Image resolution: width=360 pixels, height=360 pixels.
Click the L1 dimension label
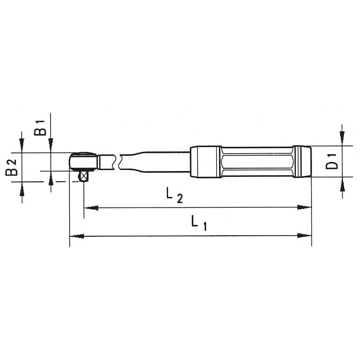199,223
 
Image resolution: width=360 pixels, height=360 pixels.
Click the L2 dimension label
175,196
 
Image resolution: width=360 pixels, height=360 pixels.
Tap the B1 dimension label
40,128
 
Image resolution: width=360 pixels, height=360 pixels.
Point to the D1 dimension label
332,162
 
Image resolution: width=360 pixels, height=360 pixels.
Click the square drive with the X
83,176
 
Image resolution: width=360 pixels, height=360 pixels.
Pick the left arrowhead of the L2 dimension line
91,208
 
